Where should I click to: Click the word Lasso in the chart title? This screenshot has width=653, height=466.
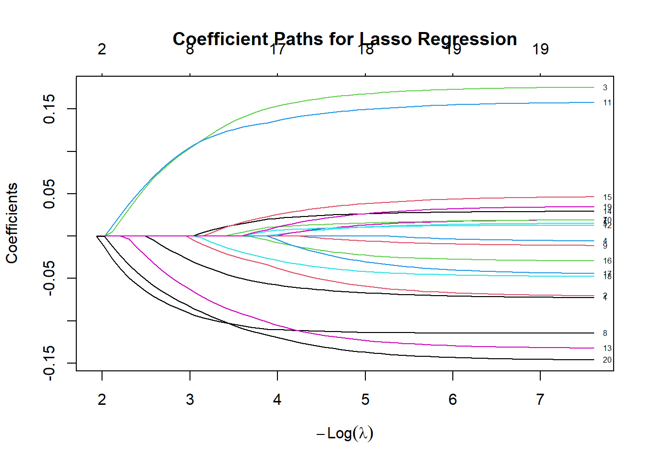(x=386, y=39)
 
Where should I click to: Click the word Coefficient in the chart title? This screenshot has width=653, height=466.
(x=221, y=39)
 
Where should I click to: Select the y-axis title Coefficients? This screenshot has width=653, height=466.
(x=12, y=223)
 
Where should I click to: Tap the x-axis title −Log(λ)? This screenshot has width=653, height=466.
(x=345, y=433)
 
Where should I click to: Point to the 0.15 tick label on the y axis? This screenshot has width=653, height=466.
(x=49, y=109)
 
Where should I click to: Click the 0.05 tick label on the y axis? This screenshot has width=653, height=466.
(x=49, y=194)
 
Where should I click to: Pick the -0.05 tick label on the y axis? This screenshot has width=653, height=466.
(x=49, y=278)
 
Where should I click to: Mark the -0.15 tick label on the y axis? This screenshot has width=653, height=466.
(x=49, y=363)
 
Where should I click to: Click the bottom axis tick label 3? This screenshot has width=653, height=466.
(x=189, y=399)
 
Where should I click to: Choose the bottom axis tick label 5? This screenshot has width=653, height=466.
(x=365, y=399)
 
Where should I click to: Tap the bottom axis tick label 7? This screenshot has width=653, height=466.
(x=540, y=399)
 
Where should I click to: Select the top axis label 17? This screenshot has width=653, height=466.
(x=277, y=50)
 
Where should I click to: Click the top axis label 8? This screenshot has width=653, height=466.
(x=189, y=50)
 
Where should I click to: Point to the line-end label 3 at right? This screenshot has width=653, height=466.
(x=605, y=88)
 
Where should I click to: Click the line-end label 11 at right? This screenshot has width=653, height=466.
(x=607, y=103)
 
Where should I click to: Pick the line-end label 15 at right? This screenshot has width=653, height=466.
(x=607, y=198)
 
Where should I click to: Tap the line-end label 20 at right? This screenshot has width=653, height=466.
(x=607, y=360)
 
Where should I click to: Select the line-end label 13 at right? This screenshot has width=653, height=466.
(x=607, y=349)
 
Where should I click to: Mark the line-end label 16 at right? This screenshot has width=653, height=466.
(x=607, y=261)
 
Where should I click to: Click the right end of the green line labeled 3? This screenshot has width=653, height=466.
(x=593, y=87)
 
